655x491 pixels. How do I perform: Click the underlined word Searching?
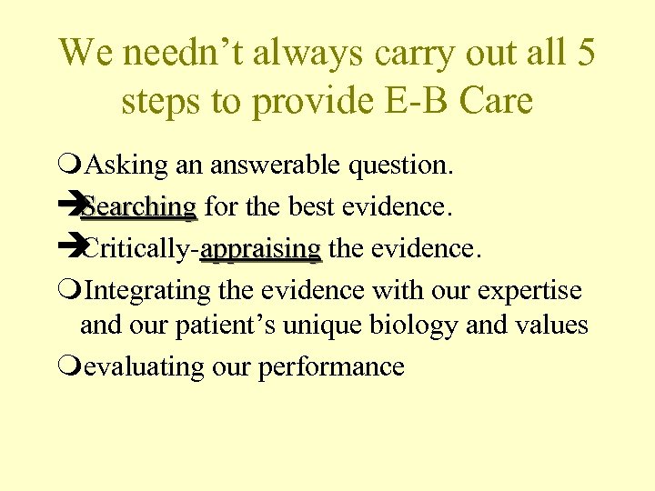pyautogui.click(x=138, y=207)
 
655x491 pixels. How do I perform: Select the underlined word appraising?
pyautogui.click(x=261, y=248)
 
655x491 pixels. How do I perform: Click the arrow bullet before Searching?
pyautogui.click(x=69, y=207)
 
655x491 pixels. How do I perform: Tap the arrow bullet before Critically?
pyautogui.click(x=69, y=248)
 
